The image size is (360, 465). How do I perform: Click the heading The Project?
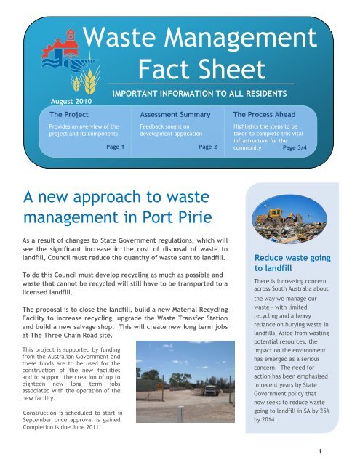click(65, 115)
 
